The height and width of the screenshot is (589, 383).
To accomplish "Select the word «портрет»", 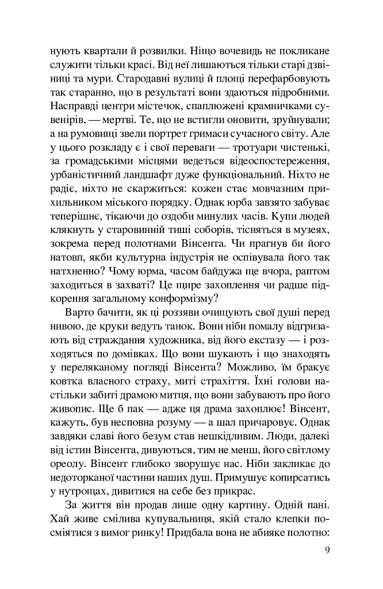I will click(x=149, y=135).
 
